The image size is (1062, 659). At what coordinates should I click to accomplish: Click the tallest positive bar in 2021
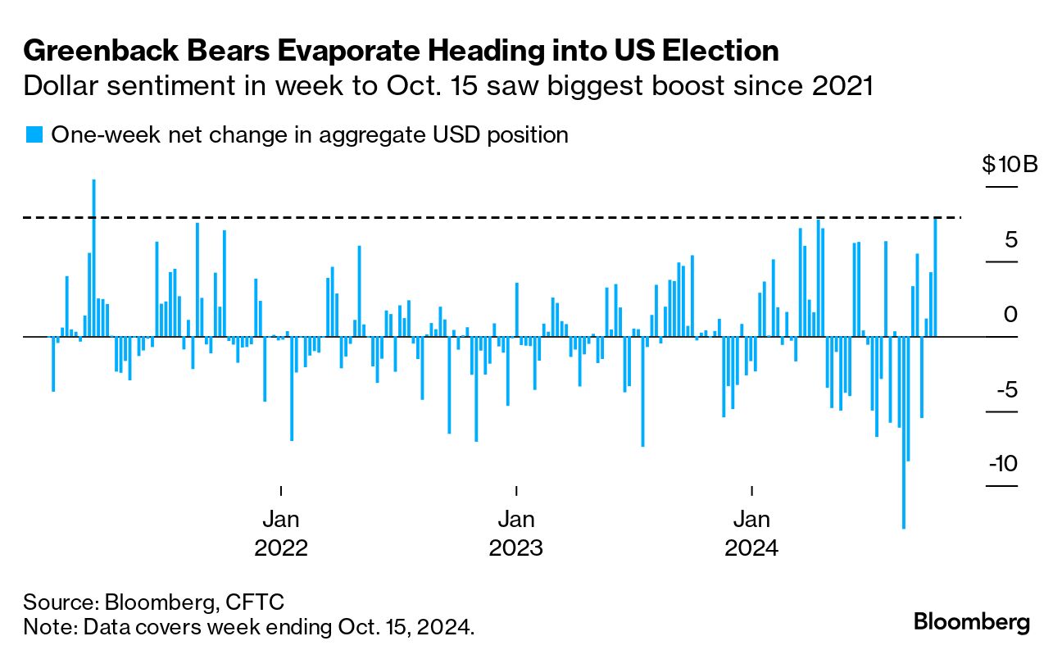94,257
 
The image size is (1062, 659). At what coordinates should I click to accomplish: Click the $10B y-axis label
1010,165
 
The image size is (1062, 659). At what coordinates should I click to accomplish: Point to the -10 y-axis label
1003,464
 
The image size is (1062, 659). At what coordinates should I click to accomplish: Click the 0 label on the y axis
1011,314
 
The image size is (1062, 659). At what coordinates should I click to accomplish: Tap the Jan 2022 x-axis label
281,533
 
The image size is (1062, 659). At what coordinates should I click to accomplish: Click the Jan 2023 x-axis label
516,533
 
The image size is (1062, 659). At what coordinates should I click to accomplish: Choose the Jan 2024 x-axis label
751,533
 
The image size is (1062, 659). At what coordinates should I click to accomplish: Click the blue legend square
34,134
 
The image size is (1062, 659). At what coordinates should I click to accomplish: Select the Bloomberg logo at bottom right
971,621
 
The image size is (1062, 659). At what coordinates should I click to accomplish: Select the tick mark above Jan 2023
516,490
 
